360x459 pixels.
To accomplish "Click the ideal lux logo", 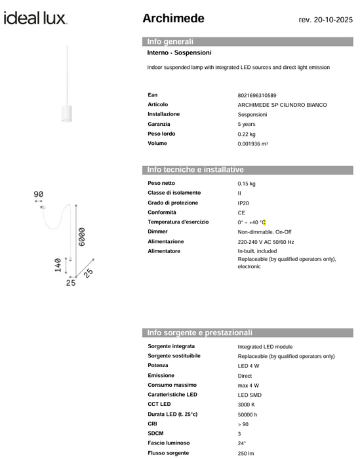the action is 35,18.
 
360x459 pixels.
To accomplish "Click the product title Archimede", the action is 173,18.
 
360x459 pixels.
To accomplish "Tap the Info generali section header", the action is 170,41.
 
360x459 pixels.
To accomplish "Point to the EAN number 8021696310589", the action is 257,95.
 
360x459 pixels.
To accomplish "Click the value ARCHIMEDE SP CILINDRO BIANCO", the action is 282,105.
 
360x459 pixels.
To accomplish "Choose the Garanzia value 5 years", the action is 247,124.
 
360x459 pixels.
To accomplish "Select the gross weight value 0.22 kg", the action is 247,134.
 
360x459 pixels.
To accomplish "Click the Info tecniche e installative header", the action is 195,170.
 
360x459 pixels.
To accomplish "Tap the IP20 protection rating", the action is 244,203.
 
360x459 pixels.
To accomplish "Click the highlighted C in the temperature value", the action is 264,223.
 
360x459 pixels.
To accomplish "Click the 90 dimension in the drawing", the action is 38,194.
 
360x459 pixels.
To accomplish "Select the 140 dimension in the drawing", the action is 58,266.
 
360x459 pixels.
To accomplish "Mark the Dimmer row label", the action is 158,232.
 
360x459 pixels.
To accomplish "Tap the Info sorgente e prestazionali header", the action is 199,332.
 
